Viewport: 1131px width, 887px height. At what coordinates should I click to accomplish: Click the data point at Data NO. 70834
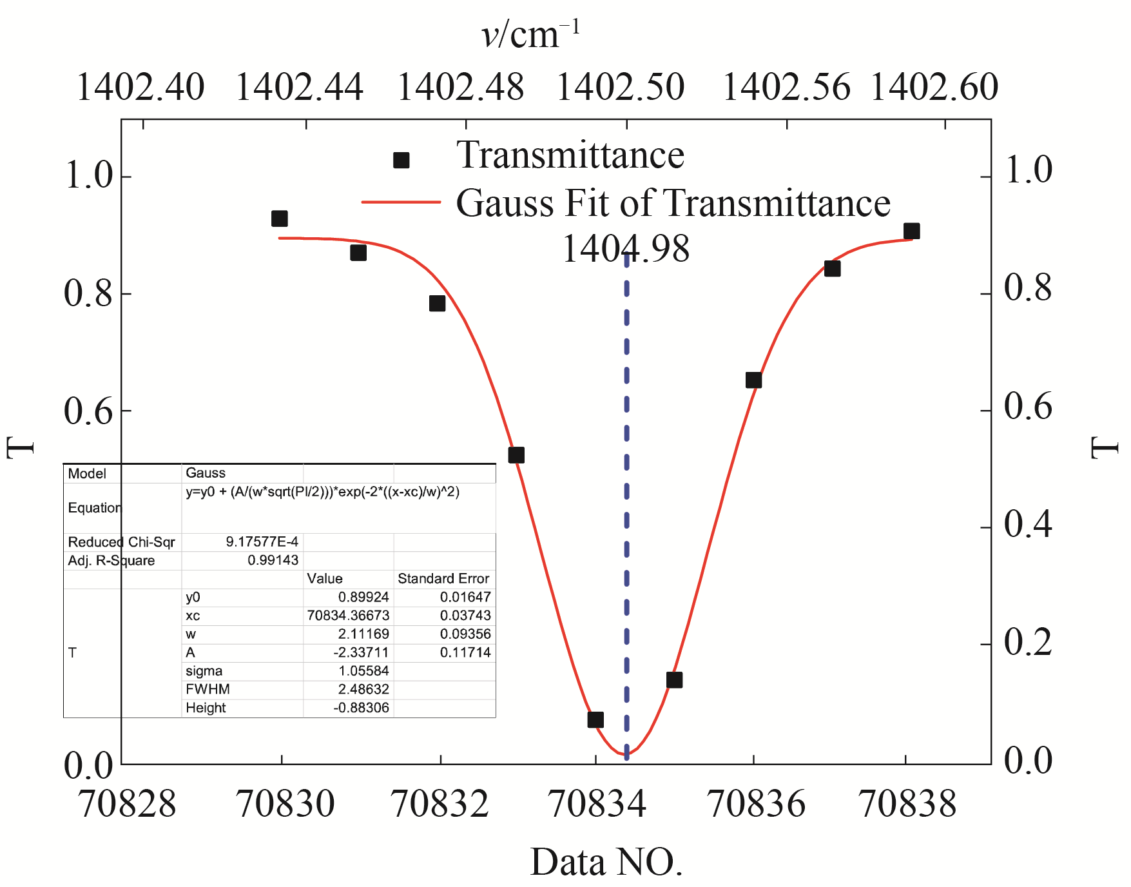[x=595, y=719]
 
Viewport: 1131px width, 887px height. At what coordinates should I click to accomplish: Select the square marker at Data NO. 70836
[x=753, y=380]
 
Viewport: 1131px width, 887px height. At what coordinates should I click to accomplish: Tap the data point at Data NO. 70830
[x=279, y=219]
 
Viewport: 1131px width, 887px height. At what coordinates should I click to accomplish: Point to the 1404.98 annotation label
[x=626, y=249]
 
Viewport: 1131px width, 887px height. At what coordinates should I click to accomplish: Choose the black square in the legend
[x=401, y=160]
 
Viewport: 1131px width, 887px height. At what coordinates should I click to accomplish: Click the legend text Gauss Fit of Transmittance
[x=673, y=204]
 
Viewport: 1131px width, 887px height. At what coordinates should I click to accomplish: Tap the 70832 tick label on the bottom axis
[x=440, y=804]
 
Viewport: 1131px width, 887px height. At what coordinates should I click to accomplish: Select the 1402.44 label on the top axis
[x=300, y=88]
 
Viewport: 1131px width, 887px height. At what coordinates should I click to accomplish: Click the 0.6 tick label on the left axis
[x=88, y=411]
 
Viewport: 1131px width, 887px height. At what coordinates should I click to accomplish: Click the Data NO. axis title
[x=606, y=862]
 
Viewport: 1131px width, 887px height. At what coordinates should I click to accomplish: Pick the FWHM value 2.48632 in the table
[x=363, y=689]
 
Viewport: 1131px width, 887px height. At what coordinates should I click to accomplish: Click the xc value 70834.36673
[x=348, y=616]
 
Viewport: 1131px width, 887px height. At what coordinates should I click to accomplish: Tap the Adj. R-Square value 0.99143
[x=273, y=560]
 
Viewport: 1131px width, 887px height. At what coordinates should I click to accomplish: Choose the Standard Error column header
[x=443, y=578]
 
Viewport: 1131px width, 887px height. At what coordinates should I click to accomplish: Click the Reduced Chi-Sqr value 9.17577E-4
[x=262, y=541]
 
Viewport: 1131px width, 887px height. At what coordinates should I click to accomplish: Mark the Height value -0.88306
[x=361, y=708]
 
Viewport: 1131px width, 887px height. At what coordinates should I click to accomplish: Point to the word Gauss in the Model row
[x=206, y=473]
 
